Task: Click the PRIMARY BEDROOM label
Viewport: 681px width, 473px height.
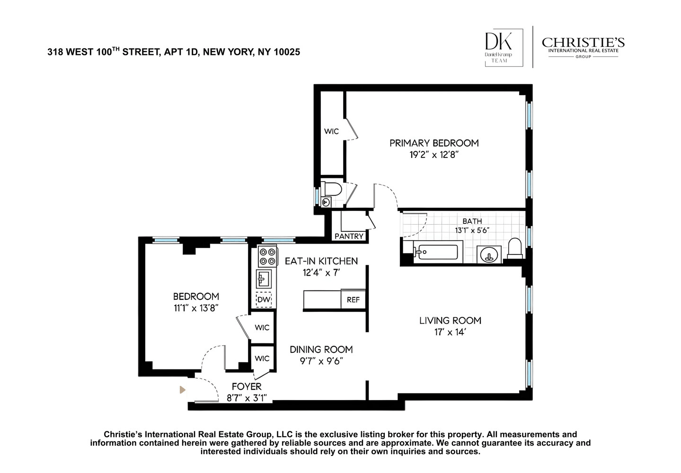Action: point(434,143)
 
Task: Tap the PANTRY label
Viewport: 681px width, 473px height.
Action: point(349,236)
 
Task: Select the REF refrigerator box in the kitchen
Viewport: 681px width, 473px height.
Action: point(353,299)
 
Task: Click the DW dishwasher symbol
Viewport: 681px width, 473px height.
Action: point(264,299)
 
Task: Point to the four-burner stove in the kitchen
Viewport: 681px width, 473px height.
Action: point(267,257)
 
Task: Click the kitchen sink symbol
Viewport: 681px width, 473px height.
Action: point(264,279)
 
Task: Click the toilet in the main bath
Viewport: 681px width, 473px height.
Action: point(515,248)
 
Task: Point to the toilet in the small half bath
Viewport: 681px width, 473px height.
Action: point(332,189)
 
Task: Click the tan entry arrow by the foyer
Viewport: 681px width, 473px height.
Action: point(182,390)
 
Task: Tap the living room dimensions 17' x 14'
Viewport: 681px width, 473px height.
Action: point(450,332)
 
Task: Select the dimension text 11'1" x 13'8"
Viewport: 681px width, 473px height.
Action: point(196,308)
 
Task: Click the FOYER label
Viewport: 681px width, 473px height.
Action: point(247,386)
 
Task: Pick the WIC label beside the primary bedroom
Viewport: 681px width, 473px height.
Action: point(331,131)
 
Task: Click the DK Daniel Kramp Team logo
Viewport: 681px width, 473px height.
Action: point(504,48)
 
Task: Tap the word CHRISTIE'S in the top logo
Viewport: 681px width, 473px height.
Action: point(583,43)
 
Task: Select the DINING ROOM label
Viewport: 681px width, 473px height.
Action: point(321,350)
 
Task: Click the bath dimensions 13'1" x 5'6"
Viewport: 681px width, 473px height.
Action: point(472,230)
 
